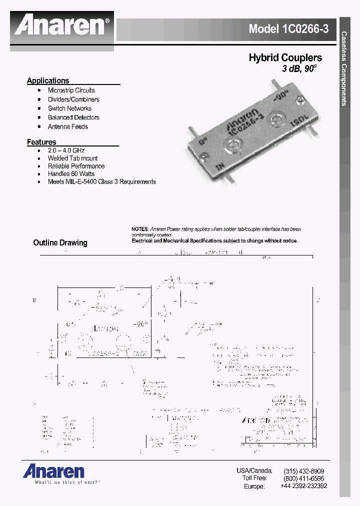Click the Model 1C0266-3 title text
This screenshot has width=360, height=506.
[x=288, y=29]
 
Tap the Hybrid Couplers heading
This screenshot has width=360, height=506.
[x=285, y=58]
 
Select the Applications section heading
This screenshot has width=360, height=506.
[x=48, y=80]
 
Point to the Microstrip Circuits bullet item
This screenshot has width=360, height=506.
[x=71, y=90]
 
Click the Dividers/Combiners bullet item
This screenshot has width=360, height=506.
[x=73, y=99]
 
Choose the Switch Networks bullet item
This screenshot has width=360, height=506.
[x=69, y=108]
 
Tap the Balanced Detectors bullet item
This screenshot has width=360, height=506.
[x=73, y=117]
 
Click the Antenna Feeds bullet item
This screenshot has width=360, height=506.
[x=68, y=126]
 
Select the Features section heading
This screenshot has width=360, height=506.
[x=41, y=142]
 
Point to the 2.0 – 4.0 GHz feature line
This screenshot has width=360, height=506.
[x=66, y=150]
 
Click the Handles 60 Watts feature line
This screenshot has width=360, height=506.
[x=71, y=174]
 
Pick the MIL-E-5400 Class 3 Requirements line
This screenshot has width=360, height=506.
[x=102, y=182]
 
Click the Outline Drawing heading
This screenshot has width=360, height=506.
[x=60, y=243]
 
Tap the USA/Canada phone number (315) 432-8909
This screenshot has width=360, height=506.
[x=303, y=471]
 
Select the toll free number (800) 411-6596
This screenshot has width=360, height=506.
[x=303, y=478]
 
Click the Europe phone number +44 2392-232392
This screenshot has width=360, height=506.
[x=303, y=486]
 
